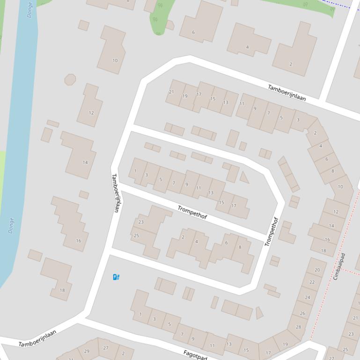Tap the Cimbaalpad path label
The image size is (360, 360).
point(339,266)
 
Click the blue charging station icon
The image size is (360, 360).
point(117,277)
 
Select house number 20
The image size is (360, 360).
point(317,270)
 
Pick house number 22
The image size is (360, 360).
point(312,282)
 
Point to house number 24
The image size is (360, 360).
point(308,297)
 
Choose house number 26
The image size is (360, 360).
point(302,313)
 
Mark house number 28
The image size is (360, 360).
point(299,327)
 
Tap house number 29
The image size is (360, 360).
point(87,351)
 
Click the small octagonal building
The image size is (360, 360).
point(70,79)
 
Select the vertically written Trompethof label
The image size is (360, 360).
point(272,231)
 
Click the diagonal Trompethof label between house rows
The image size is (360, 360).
point(192,213)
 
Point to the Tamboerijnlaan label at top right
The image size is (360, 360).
point(287,93)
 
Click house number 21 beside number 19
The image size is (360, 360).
point(171,92)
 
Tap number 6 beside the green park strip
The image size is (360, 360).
point(193,32)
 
